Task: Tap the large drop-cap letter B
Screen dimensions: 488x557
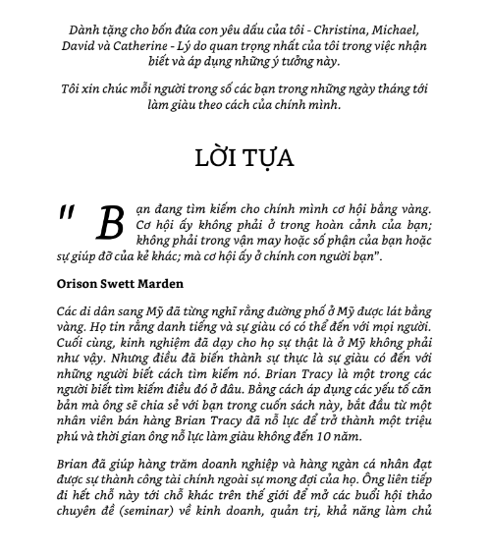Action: pos(110,225)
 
